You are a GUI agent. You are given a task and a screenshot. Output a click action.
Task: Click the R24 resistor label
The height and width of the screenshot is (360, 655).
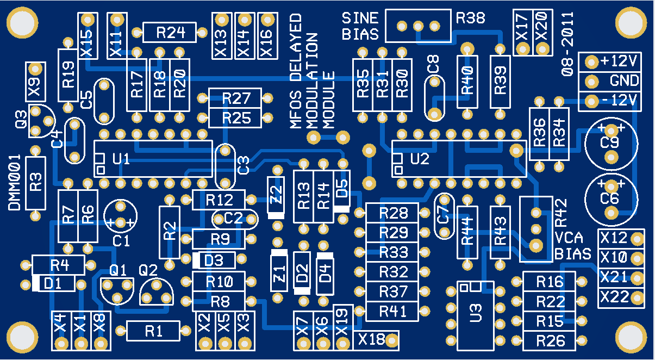(169, 33)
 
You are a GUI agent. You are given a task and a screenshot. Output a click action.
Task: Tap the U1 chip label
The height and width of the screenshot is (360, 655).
(121, 159)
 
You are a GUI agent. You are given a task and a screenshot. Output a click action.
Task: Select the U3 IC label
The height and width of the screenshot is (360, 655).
(476, 313)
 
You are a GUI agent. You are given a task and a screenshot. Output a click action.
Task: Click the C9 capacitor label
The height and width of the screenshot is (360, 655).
(610, 143)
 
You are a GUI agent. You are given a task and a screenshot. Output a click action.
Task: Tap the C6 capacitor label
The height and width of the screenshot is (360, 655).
(609, 198)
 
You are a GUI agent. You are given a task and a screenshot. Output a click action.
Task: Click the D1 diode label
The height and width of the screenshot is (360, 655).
(52, 283)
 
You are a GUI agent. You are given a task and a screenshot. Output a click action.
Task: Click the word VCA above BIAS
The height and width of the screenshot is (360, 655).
(570, 238)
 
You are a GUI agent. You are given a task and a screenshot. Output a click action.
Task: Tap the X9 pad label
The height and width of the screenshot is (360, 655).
(36, 87)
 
